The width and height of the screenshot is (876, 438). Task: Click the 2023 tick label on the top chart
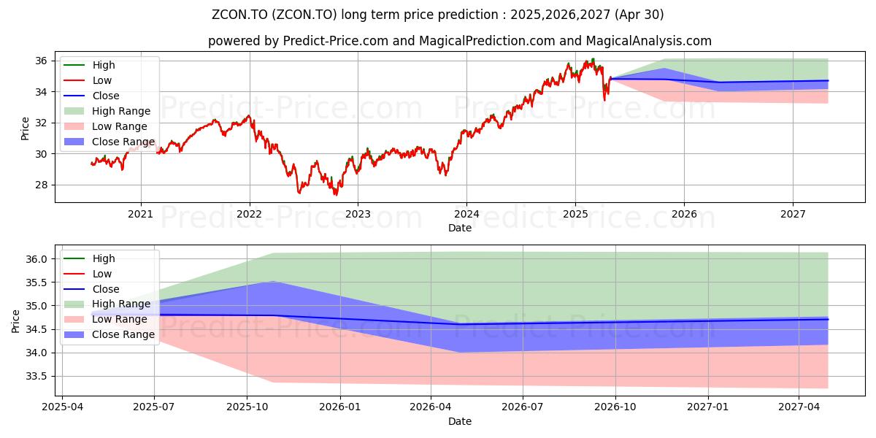(x=358, y=215)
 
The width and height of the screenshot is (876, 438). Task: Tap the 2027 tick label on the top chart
(x=793, y=215)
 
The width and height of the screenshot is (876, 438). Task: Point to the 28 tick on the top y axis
(x=41, y=185)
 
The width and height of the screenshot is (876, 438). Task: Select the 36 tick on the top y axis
(x=41, y=61)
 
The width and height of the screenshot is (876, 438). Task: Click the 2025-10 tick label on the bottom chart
(x=247, y=407)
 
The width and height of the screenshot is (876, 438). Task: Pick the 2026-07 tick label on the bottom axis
(x=523, y=407)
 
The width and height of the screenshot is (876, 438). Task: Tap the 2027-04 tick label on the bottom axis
(x=799, y=407)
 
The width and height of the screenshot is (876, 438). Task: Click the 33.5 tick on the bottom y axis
(x=36, y=377)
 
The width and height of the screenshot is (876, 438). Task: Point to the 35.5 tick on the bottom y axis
(x=36, y=283)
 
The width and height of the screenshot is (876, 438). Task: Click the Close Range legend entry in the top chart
(x=109, y=142)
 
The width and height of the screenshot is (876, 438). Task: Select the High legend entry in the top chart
(x=89, y=65)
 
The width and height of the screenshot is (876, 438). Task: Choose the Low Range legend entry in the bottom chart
(x=106, y=319)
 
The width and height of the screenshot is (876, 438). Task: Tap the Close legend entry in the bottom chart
(x=91, y=289)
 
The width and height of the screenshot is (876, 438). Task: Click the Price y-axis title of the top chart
(x=25, y=128)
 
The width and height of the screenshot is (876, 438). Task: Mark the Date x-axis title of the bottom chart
(x=460, y=422)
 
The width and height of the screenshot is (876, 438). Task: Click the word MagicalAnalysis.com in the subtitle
(x=648, y=41)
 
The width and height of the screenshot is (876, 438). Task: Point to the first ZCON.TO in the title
(x=239, y=15)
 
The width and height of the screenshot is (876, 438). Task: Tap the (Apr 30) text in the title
(x=639, y=15)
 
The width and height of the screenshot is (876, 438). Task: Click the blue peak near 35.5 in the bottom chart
(x=273, y=281)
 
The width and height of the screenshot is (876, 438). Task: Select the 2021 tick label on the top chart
(x=140, y=215)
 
